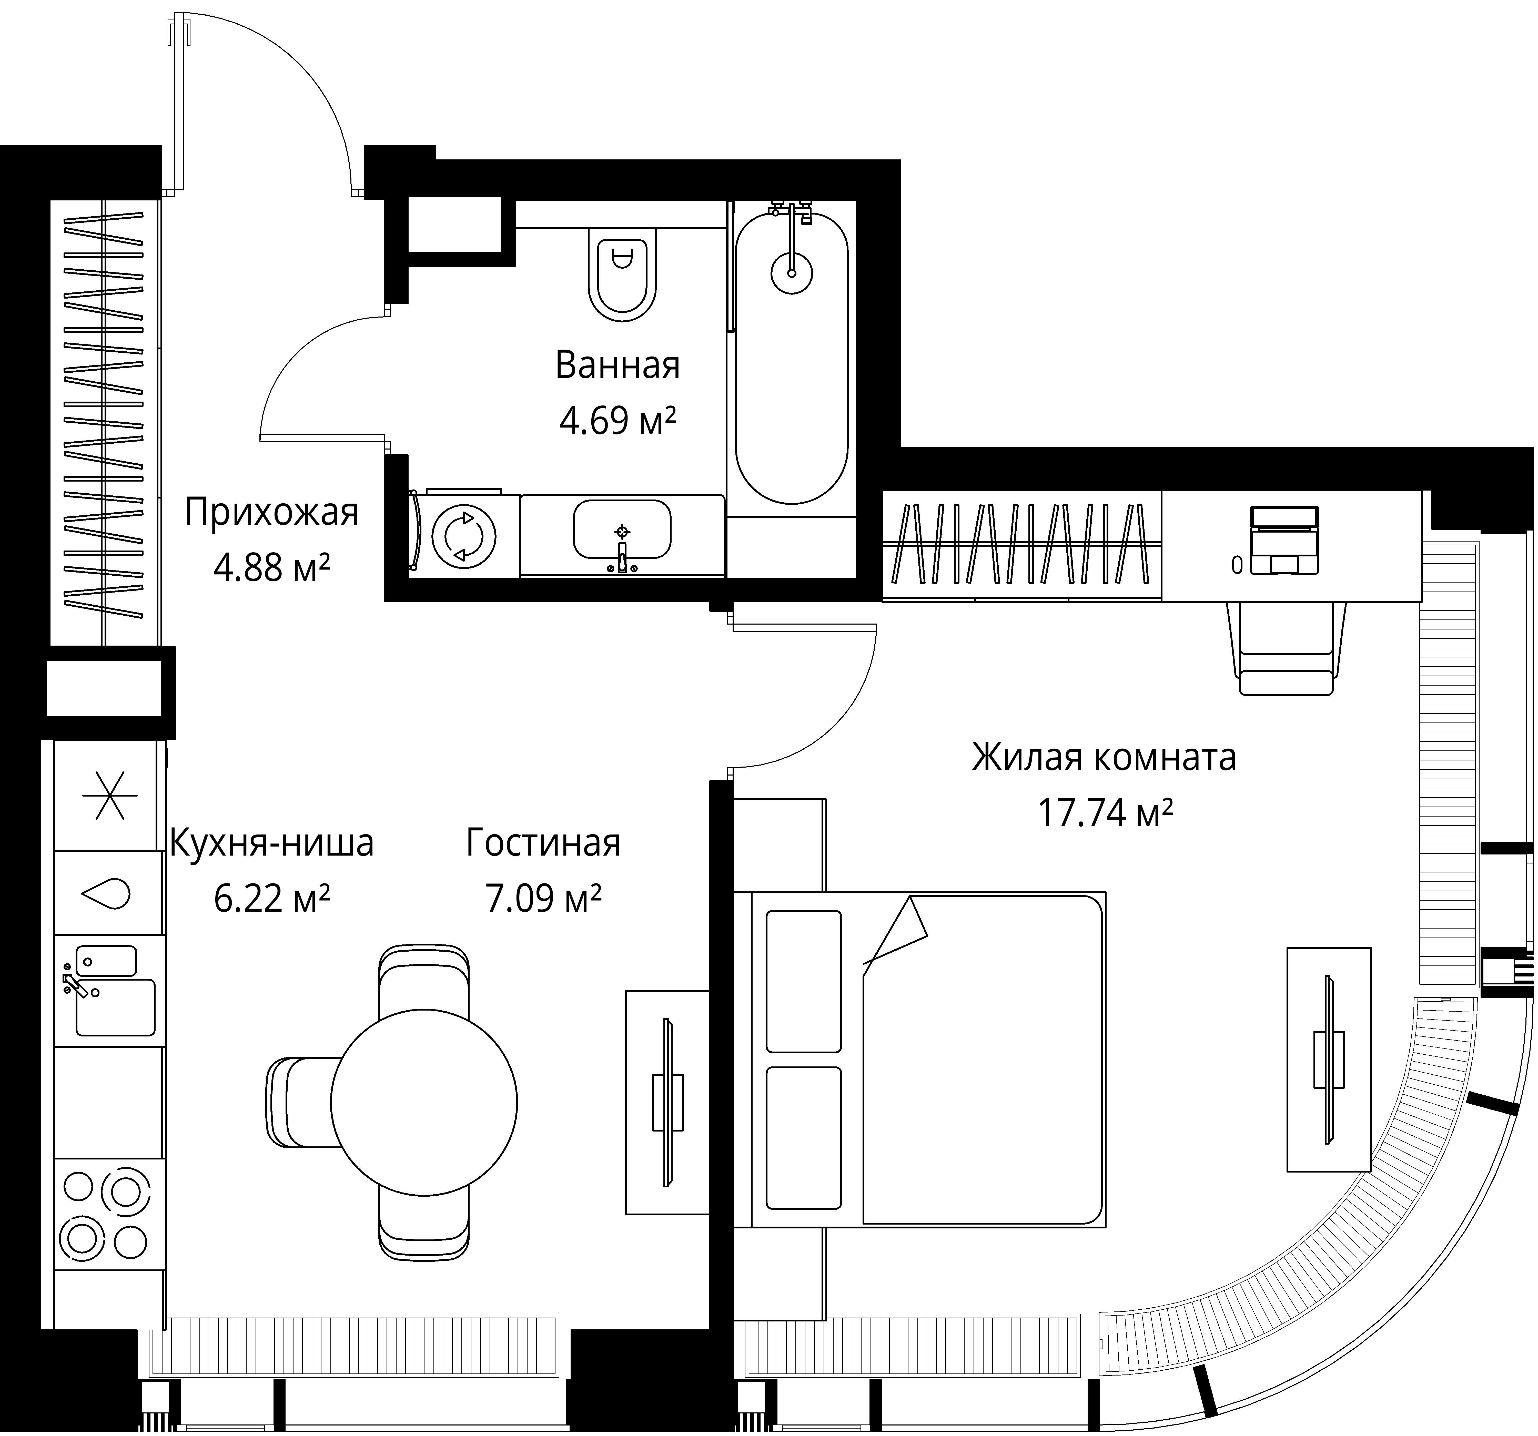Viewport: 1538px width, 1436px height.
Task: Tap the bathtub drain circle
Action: [792, 272]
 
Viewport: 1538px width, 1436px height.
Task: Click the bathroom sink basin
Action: [622, 529]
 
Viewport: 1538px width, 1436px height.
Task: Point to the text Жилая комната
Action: [1104, 757]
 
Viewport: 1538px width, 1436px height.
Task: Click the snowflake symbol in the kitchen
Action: [108, 795]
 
